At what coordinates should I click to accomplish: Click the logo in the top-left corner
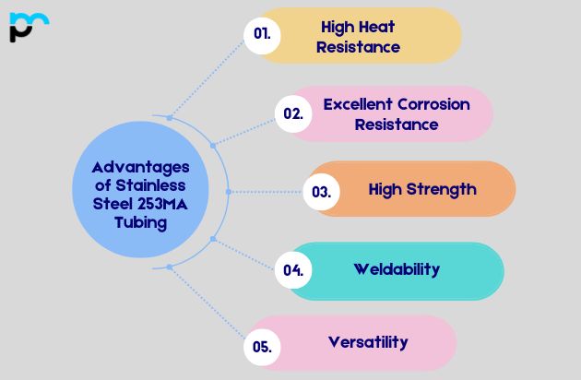(29, 27)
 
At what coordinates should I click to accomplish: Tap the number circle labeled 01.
(262, 35)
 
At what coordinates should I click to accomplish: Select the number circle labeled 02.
(293, 113)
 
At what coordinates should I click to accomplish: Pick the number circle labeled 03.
(321, 192)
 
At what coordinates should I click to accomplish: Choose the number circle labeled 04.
(293, 270)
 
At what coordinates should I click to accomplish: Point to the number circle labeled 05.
(262, 348)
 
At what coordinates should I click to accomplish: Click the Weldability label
(397, 269)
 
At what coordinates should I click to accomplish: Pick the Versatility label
(368, 342)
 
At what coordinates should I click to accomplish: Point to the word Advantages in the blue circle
(140, 167)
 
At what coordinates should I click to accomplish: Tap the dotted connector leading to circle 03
(267, 192)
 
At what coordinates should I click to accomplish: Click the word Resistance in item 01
(358, 46)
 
